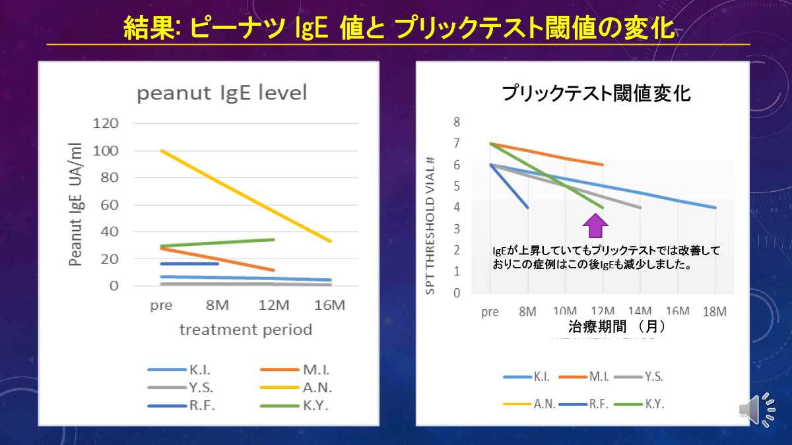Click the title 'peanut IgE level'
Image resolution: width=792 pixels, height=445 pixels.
(x=222, y=93)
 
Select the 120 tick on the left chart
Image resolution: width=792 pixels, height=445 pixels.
(x=106, y=123)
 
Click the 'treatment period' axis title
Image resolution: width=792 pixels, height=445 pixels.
(x=246, y=330)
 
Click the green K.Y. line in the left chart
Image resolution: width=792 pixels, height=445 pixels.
(x=218, y=243)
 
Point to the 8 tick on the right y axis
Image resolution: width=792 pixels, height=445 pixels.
(x=456, y=122)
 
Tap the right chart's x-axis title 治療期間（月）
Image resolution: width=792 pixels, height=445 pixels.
(x=616, y=326)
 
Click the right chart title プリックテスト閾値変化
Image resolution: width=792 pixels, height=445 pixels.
(x=597, y=93)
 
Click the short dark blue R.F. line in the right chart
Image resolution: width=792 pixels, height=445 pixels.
(x=509, y=186)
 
